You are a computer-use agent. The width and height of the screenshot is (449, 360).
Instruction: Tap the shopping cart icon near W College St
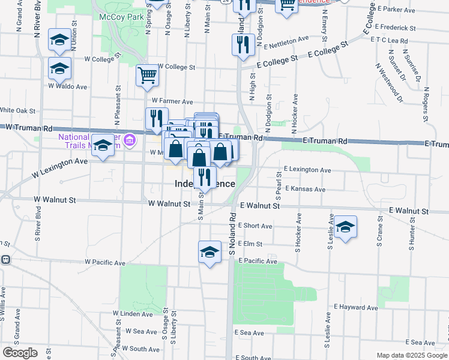pos(147,76)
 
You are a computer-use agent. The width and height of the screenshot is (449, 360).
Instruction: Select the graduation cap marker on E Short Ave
pos(345,227)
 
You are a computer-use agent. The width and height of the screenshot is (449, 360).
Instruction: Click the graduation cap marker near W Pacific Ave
pos(209,252)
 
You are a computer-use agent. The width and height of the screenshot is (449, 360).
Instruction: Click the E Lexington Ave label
pos(307,170)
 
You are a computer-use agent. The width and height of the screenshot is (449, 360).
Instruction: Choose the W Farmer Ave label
pos(172,101)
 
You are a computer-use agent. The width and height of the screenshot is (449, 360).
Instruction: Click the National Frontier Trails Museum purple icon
pos(130,142)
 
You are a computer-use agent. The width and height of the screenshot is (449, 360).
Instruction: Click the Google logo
pos(19,353)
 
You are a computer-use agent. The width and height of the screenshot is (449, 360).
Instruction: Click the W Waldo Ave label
pos(68,86)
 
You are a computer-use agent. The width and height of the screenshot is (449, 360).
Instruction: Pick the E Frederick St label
pos(395,28)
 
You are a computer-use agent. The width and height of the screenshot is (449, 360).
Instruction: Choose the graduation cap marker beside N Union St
pos(59,40)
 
